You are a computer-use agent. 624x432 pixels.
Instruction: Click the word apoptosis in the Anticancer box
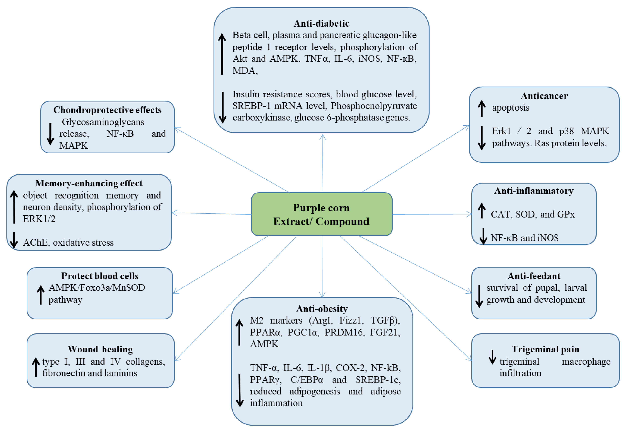[510, 108]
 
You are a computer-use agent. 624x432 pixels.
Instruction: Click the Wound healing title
[100, 349]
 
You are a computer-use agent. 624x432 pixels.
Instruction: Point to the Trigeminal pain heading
[545, 349]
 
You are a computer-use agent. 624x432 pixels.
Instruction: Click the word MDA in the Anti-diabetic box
[243, 71]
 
